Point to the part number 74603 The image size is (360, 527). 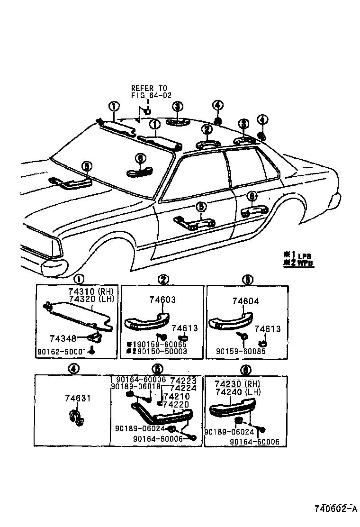(162, 300)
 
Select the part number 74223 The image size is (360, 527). (180, 380)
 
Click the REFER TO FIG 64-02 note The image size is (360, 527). (149, 91)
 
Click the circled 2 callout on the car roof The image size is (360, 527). (206, 129)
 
